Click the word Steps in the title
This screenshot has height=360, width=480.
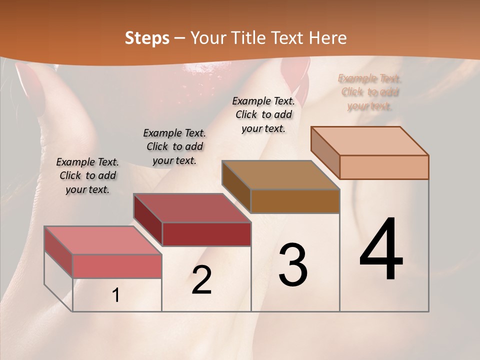tap(146, 38)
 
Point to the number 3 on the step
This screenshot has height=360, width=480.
tap(292, 264)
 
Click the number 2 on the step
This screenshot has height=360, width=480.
tap(201, 280)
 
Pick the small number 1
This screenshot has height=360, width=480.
tap(116, 295)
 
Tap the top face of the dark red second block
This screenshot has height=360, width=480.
tap(192, 207)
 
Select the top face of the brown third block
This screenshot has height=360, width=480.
tap(280, 175)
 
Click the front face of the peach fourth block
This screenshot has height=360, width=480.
tap(384, 167)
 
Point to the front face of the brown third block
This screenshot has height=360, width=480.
tap(295, 201)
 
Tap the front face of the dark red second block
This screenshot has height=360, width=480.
tap(206, 234)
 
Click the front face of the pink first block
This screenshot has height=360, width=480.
tap(117, 266)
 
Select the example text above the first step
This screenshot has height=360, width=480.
tap(87, 175)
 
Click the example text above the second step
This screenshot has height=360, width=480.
tap(174, 146)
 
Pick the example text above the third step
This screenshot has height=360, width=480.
tap(263, 114)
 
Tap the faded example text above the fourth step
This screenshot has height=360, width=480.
tap(370, 92)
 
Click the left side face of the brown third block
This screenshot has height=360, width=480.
tap(236, 186)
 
